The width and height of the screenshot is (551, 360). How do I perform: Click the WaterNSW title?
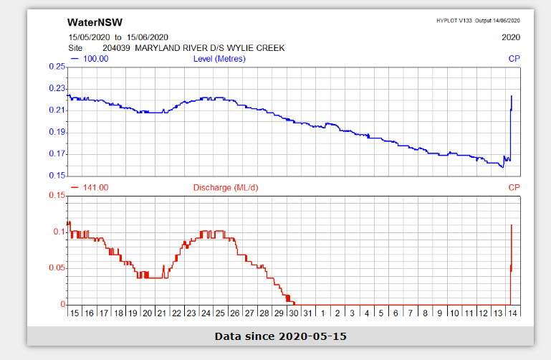(x=90, y=22)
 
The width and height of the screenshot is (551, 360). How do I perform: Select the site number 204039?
(x=118, y=48)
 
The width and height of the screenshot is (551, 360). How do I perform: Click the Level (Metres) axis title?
(x=219, y=59)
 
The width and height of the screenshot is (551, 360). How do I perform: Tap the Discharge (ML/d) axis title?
(x=224, y=188)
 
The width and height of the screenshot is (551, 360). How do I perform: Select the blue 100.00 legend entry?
(x=90, y=59)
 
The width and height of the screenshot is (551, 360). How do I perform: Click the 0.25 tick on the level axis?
(x=57, y=67)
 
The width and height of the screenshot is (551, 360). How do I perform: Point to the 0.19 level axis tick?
(x=57, y=132)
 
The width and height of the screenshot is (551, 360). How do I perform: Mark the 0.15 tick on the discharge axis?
(x=57, y=195)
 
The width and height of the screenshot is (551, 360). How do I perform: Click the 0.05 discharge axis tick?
(x=57, y=268)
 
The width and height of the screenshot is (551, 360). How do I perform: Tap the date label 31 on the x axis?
(x=308, y=313)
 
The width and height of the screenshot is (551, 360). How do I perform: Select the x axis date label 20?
(x=147, y=313)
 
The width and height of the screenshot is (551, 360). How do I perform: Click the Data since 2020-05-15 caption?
(x=280, y=336)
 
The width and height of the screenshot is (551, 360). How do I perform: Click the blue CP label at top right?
(x=514, y=59)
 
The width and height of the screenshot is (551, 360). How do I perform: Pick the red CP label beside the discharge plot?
(x=514, y=188)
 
